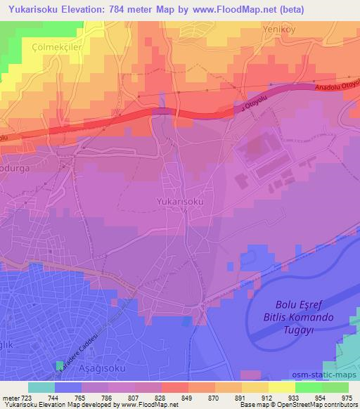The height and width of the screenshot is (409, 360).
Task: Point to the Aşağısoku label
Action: pos(85,369)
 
